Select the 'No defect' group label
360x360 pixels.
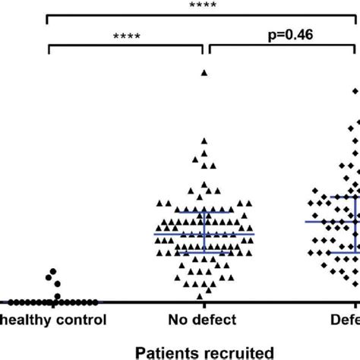203,320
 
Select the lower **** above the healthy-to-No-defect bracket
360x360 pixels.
127,36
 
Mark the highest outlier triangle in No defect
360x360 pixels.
204,72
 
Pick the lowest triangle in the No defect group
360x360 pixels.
199,296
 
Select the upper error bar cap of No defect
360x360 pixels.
204,211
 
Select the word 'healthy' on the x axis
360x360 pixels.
22,320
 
